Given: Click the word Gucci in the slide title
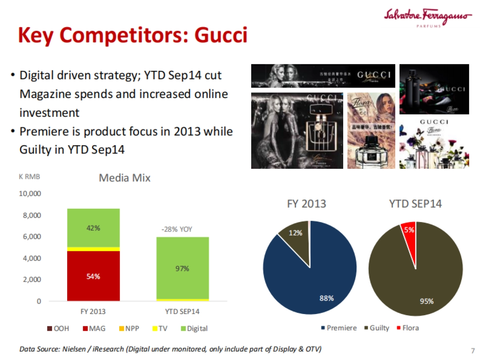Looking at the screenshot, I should click(x=221, y=36).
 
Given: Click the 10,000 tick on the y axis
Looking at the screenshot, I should click(x=30, y=194).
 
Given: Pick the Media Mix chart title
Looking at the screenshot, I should click(x=124, y=178).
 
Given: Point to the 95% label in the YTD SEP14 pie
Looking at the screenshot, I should click(x=426, y=301).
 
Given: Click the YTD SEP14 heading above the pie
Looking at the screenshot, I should click(x=415, y=204).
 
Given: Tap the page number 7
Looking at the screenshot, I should click(x=473, y=351).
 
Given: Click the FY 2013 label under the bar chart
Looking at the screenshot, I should click(x=93, y=311).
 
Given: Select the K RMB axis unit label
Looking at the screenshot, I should click(x=30, y=176).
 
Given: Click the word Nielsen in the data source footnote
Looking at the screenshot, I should click(x=74, y=349).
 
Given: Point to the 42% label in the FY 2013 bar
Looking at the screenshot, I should click(x=93, y=228).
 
